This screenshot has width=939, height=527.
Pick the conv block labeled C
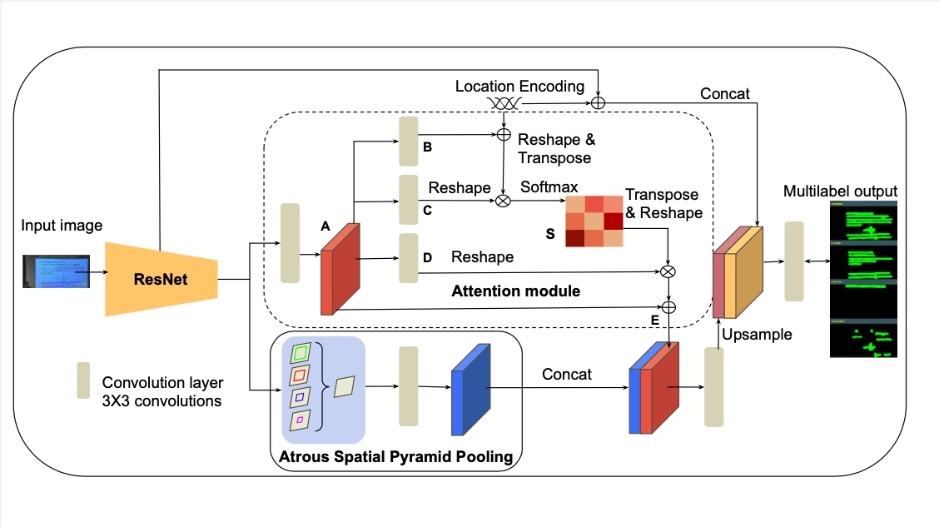(x=409, y=199)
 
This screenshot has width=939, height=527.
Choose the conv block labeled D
(x=409, y=258)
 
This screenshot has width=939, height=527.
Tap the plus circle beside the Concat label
(x=598, y=103)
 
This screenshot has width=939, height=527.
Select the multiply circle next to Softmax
(x=504, y=200)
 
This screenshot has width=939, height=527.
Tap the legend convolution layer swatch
(x=83, y=381)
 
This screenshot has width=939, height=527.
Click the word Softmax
(x=549, y=187)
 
